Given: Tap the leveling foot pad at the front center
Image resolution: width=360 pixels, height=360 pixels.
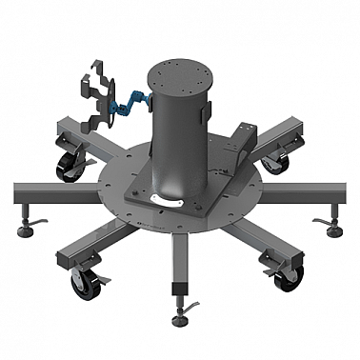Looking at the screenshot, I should click(x=180, y=318).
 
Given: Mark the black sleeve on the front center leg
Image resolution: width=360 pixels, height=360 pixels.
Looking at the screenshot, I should click(x=178, y=290).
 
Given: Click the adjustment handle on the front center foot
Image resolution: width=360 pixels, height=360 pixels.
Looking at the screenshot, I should click(x=194, y=307).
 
